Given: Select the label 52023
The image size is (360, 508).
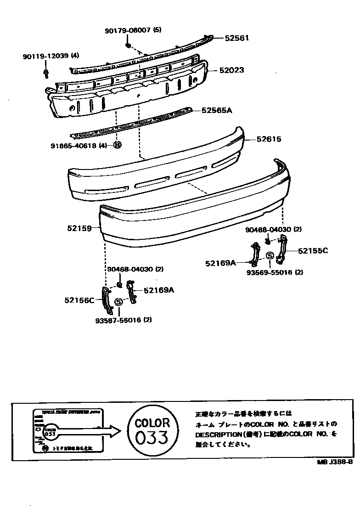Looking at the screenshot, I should [x=231, y=71].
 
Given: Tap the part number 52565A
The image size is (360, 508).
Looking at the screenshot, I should [x=217, y=110].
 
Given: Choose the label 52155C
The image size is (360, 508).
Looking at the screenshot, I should [x=313, y=251].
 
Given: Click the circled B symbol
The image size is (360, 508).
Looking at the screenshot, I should [x=117, y=146].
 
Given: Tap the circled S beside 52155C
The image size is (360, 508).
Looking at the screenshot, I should [x=270, y=256].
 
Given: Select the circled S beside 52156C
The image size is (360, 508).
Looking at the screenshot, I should [x=118, y=302].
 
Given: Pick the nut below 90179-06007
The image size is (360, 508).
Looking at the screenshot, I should [x=129, y=45].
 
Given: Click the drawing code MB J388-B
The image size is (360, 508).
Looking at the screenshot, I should [x=335, y=463].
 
